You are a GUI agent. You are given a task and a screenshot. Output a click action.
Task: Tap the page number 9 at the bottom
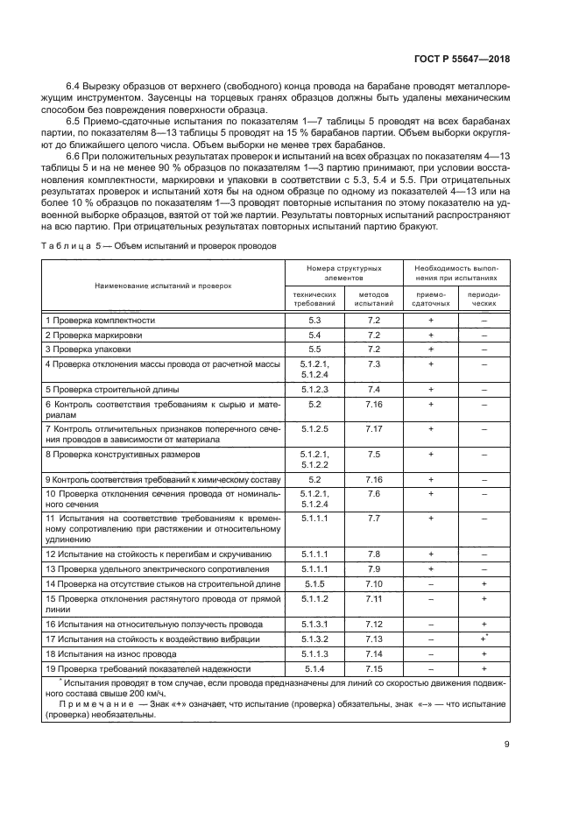[507, 745]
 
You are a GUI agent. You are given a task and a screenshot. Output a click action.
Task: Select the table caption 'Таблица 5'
[71, 246]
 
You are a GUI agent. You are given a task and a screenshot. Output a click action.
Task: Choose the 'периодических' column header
[484, 298]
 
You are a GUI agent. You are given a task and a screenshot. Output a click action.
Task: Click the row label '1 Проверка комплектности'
[100, 321]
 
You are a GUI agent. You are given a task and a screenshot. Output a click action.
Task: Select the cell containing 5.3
[314, 321]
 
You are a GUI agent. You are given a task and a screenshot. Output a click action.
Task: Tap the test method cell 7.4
[374, 388]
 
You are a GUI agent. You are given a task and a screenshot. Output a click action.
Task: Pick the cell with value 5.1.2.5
[314, 428]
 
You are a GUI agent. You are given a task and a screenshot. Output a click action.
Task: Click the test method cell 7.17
[374, 428]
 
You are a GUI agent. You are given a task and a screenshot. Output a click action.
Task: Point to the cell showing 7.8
[374, 554]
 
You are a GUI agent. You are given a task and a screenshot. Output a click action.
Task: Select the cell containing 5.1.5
[314, 582]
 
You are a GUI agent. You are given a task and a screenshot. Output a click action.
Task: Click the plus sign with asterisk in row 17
[484, 639]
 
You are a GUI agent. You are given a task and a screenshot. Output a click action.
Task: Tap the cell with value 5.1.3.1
[314, 624]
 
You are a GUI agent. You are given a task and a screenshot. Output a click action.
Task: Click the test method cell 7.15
[374, 668]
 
